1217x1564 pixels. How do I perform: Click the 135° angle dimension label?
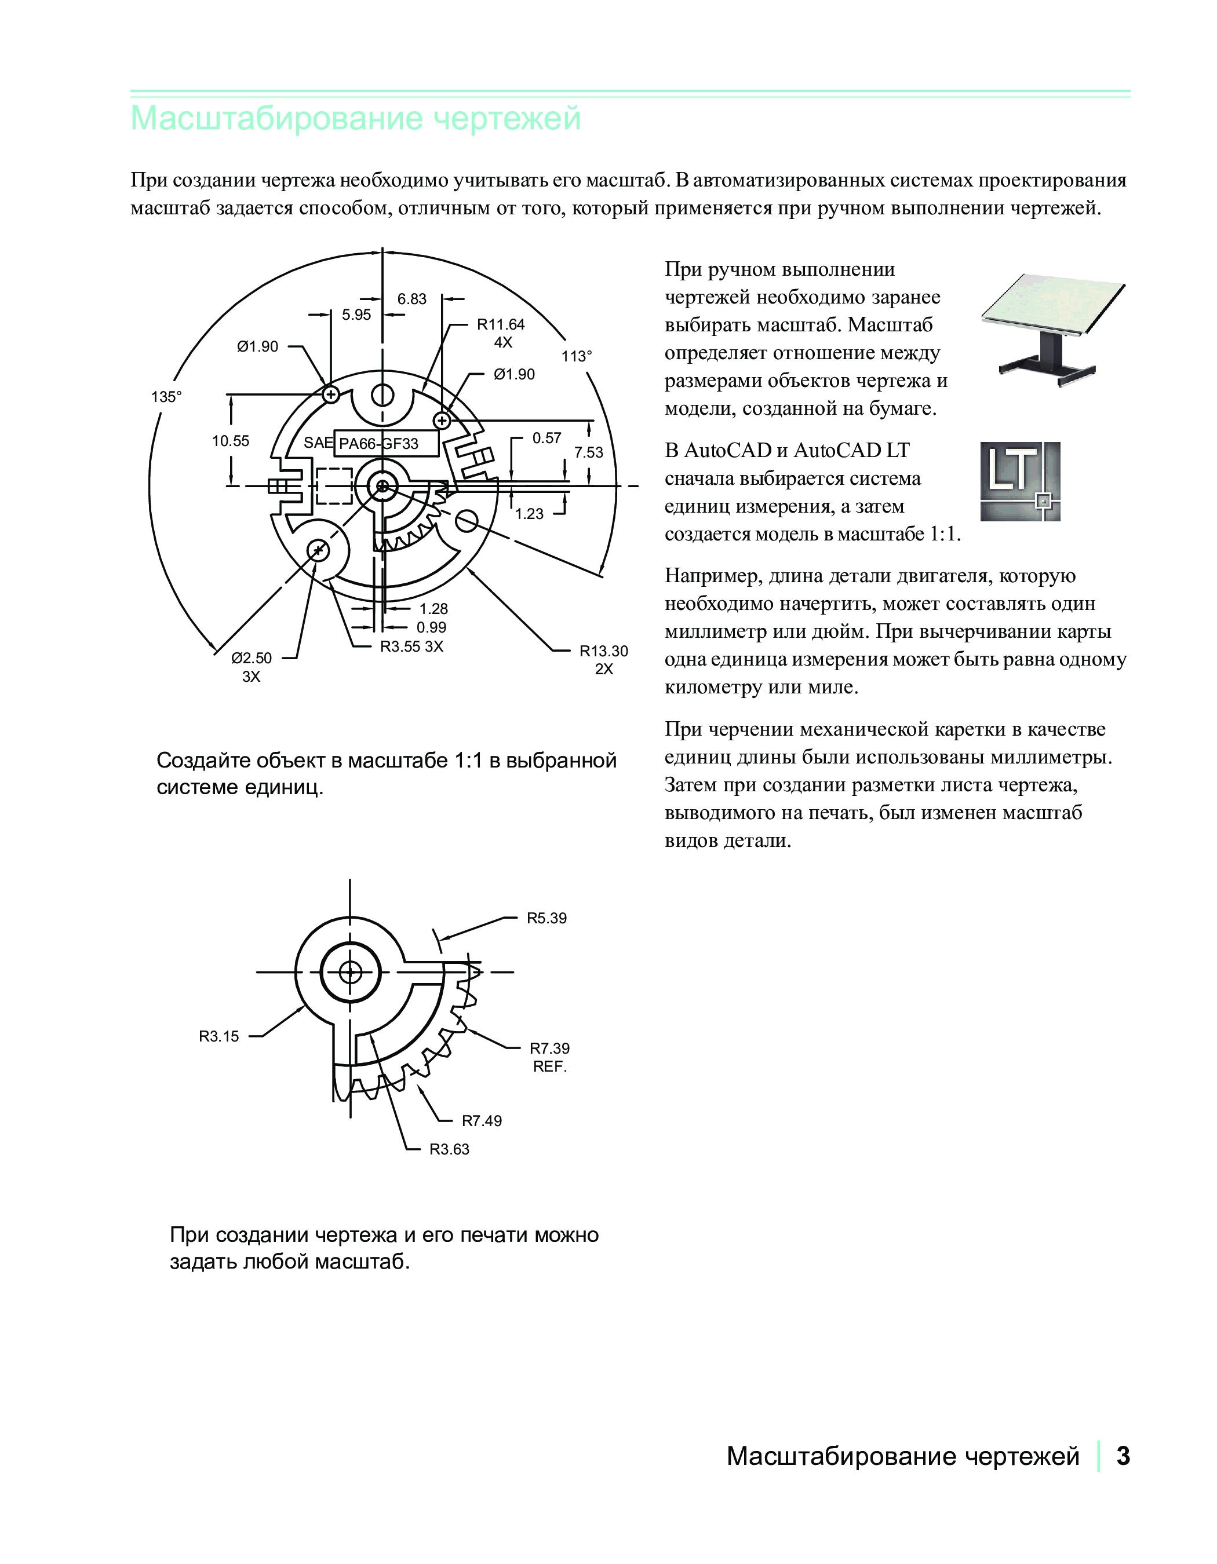click(166, 397)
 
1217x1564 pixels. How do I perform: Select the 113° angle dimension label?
click(577, 356)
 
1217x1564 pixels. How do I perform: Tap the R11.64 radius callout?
click(501, 324)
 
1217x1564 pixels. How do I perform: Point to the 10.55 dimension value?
click(231, 441)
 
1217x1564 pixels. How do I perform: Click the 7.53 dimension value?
click(589, 452)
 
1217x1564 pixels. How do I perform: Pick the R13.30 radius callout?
click(604, 651)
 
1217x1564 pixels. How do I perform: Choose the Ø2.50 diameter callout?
click(252, 658)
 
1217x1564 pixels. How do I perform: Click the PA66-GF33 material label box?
click(386, 443)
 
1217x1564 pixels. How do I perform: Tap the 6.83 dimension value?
click(412, 299)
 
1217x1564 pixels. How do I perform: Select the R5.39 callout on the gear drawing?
click(546, 918)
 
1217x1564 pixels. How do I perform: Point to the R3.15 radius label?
click(219, 1036)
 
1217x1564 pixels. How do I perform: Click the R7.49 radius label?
click(482, 1121)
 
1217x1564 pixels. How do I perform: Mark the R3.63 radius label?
click(449, 1149)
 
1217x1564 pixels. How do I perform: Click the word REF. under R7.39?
click(550, 1067)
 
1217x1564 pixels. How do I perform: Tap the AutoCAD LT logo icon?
click(1020, 481)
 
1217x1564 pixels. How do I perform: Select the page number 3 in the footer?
click(1123, 1456)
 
